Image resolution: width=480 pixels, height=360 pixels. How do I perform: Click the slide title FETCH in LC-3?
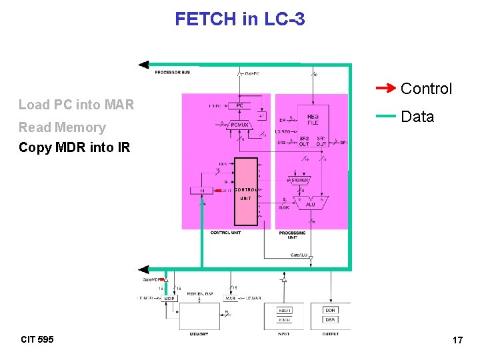tap(240, 19)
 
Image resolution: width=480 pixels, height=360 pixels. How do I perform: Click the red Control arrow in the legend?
tap(386, 88)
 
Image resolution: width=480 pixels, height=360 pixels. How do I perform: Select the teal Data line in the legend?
tap(386, 116)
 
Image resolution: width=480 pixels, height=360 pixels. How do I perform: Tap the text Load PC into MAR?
tap(76, 104)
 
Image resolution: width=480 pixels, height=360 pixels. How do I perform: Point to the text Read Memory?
tap(62, 127)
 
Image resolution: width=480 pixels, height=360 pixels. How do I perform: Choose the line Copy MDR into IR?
tap(75, 147)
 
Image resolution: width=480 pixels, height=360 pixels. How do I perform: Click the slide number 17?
tap(457, 340)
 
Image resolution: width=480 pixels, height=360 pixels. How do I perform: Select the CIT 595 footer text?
tap(37, 339)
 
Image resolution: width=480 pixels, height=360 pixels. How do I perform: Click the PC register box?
tap(239, 105)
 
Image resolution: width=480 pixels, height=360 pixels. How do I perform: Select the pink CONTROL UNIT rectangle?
tap(245, 191)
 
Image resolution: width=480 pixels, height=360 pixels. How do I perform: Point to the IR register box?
tap(202, 191)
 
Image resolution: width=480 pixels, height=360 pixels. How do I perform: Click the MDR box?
tap(169, 299)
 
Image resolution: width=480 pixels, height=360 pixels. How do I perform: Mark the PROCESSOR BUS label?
tap(172, 72)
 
